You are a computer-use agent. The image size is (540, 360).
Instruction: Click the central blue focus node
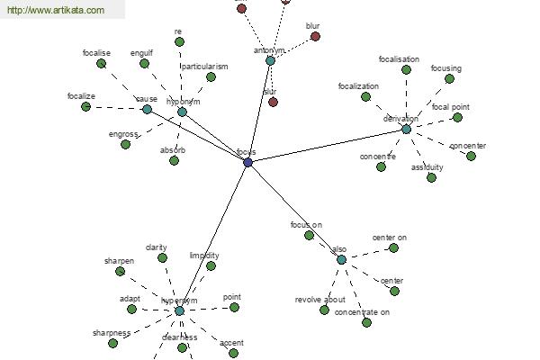click(x=248, y=162)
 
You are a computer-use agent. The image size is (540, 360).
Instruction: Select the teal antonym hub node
click(x=270, y=60)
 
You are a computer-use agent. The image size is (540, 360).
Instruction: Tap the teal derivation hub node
click(x=406, y=129)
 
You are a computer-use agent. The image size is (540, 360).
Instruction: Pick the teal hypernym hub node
click(x=179, y=310)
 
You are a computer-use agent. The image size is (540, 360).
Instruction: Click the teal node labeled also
click(x=341, y=259)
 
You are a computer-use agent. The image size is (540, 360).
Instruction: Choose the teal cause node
click(x=147, y=109)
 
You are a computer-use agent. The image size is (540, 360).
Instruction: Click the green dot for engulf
click(x=143, y=63)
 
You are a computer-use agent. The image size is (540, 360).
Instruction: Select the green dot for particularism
click(x=211, y=77)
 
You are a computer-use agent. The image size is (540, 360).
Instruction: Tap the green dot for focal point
click(x=458, y=117)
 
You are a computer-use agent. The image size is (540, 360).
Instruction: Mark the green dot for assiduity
click(x=431, y=177)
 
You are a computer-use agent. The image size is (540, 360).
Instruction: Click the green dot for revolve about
click(x=324, y=310)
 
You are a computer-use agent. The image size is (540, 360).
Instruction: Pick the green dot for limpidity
click(x=211, y=265)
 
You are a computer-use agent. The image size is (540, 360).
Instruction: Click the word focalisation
click(x=399, y=59)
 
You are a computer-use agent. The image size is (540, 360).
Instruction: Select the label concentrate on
click(x=362, y=312)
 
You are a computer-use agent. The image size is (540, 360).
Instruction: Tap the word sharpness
click(x=112, y=333)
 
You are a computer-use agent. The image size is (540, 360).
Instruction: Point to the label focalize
click(x=82, y=95)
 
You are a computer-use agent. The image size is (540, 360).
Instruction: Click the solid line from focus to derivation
click(x=328, y=145)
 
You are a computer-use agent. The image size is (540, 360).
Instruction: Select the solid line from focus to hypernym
click(x=214, y=236)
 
